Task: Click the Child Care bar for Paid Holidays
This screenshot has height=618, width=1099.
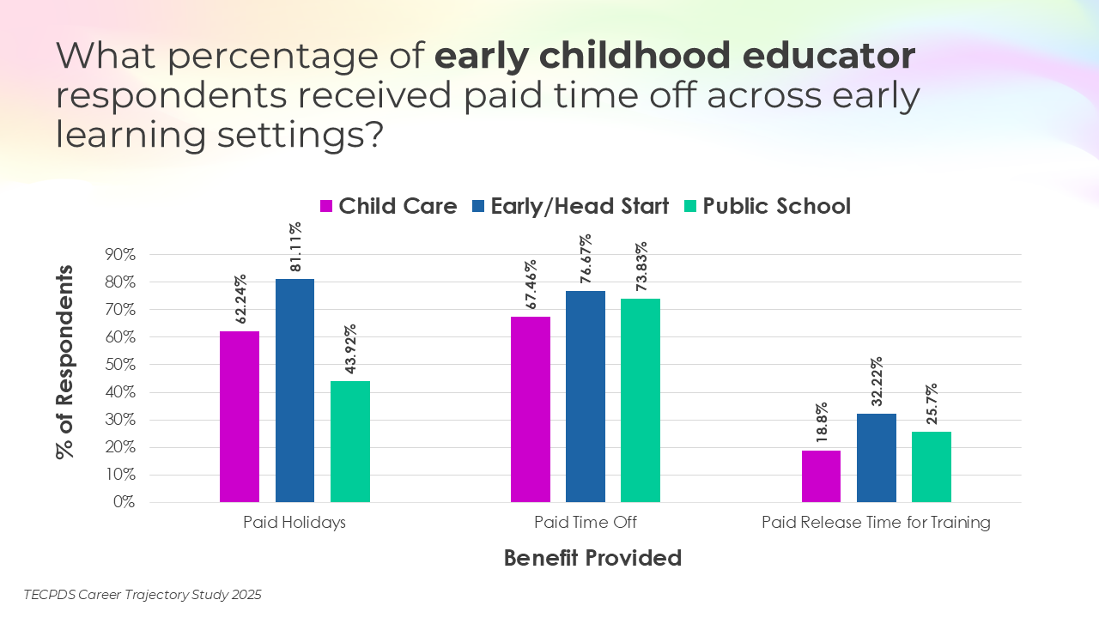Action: coord(240,416)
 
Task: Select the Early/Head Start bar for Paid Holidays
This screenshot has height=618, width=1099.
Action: coord(294,391)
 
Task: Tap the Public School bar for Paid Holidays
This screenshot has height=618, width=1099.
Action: coord(349,441)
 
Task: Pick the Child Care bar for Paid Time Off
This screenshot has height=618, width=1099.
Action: coord(531,409)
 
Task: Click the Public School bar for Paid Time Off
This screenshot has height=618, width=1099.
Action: coord(641,400)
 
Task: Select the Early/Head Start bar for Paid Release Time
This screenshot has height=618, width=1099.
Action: coord(877,457)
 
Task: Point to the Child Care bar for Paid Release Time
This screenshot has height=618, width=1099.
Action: coord(822,476)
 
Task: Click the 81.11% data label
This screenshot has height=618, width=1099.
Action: coord(294,248)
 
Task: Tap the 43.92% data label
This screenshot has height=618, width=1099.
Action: coord(349,350)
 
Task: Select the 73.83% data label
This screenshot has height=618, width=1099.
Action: coord(641,268)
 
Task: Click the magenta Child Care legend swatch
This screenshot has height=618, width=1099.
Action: coord(326,206)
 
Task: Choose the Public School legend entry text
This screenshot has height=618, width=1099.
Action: coord(776,206)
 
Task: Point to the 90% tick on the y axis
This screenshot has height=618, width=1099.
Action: coord(120,255)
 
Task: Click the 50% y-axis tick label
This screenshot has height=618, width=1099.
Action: coord(120,365)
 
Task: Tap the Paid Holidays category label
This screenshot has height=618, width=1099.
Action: coord(294,522)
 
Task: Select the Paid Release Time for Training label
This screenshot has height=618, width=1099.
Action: coord(876,522)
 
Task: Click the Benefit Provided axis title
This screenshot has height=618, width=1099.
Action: coord(592,558)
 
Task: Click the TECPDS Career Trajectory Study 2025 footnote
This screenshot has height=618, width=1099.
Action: coord(143,594)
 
